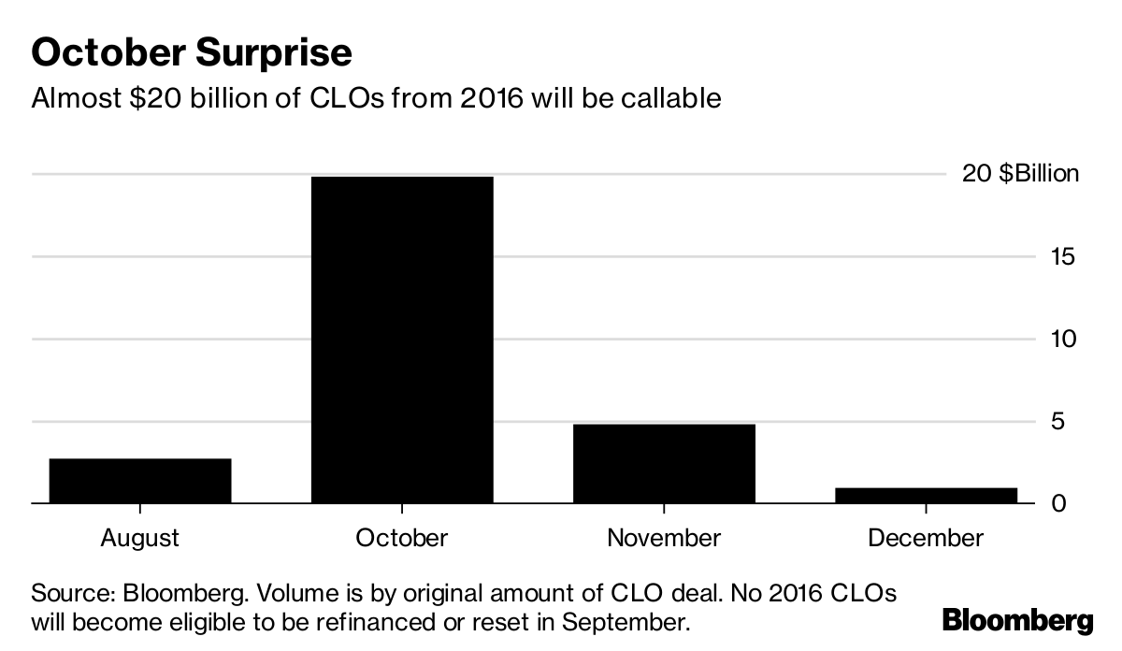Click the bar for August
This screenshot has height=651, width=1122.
point(139,481)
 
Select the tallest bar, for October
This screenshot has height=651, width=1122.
point(401,340)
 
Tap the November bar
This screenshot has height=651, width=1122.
point(663,464)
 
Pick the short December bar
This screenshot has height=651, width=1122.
point(925,495)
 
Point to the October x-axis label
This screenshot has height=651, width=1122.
point(401,538)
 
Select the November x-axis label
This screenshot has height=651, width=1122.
point(663,538)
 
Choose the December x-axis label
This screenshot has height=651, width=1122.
point(925,538)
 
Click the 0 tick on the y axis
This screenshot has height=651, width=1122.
point(1058,503)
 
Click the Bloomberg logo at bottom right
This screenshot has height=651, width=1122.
point(1017,620)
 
